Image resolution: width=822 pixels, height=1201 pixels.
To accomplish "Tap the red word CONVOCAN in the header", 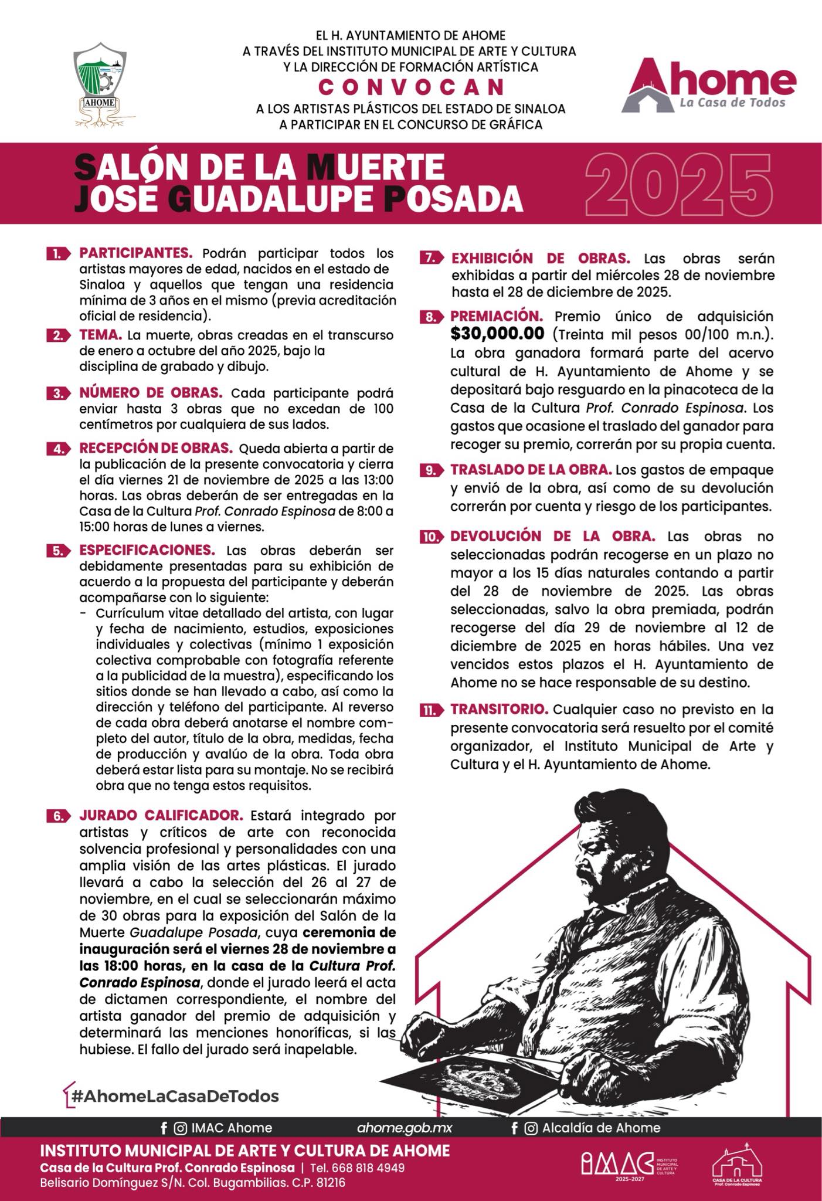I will pos(411,87).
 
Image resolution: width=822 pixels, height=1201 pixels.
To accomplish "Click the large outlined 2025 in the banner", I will pos(678,183).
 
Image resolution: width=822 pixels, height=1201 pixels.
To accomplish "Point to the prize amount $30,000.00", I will pos(497,334).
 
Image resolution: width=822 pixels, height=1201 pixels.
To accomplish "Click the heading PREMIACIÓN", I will pos(492,316).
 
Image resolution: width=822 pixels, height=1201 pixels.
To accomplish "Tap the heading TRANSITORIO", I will pos(499,709).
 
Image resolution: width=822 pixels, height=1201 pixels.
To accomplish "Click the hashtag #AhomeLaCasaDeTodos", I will pos(175,1095).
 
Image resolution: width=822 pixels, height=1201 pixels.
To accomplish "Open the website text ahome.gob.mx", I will pos(405,1128).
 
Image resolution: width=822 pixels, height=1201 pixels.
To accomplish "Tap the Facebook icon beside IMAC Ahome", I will pos(164,1128).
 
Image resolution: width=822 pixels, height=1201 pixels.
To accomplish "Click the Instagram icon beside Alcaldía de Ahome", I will pos(531,1128).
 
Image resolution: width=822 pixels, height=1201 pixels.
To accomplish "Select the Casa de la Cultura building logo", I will pos(737,1163).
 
